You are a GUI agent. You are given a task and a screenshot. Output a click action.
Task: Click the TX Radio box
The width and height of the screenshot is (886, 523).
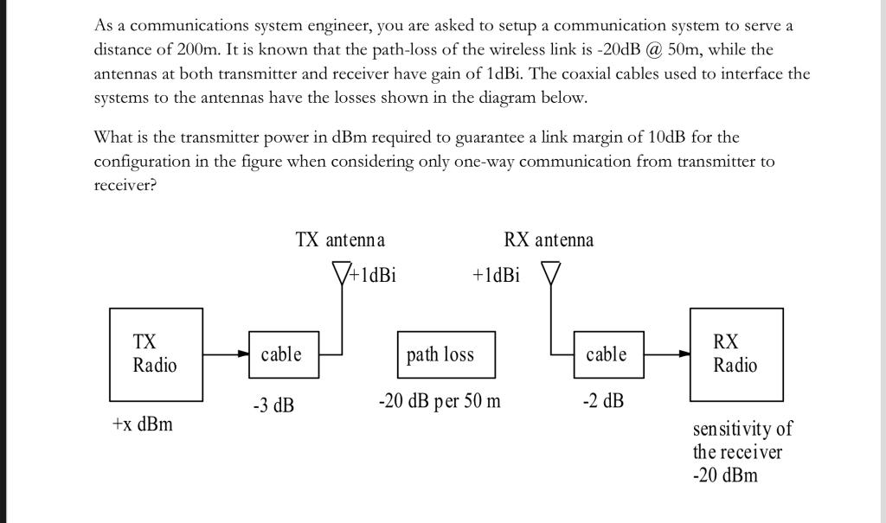tap(156, 354)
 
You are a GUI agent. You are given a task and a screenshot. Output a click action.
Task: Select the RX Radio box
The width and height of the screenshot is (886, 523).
tap(735, 354)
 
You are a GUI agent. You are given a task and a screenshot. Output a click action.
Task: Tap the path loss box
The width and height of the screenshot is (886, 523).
tap(446, 354)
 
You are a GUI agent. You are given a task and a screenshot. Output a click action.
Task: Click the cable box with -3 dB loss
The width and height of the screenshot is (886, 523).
tap(281, 354)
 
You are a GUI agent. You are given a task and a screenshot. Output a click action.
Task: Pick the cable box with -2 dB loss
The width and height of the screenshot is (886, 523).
tap(608, 354)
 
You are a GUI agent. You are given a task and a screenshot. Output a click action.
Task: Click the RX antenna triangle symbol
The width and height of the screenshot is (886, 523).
tap(551, 273)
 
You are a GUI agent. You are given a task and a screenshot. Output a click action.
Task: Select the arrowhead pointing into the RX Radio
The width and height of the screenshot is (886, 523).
tap(684, 354)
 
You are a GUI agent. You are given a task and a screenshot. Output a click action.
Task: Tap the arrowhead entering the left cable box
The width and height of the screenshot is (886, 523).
tap(243, 354)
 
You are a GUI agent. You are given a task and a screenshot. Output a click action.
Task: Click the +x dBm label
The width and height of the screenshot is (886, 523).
tap(142, 424)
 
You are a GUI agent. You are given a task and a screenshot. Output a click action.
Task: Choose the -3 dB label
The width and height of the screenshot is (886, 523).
tap(273, 405)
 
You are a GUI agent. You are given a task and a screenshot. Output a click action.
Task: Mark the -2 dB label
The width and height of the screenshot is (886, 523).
tap(603, 401)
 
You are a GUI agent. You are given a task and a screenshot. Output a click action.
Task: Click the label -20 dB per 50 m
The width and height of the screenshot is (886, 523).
tap(440, 401)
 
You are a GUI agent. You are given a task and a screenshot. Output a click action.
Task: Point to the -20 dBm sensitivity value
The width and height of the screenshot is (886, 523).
tap(725, 475)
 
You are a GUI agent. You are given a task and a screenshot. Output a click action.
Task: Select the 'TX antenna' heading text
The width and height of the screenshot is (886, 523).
tap(340, 239)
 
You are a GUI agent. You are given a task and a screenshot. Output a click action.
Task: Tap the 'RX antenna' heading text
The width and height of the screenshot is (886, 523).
tap(549, 239)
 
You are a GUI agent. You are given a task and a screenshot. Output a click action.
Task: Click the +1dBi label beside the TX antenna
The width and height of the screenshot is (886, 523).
tap(373, 275)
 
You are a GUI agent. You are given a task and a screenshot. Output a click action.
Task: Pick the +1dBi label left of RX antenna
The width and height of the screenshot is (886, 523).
tap(496, 275)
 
